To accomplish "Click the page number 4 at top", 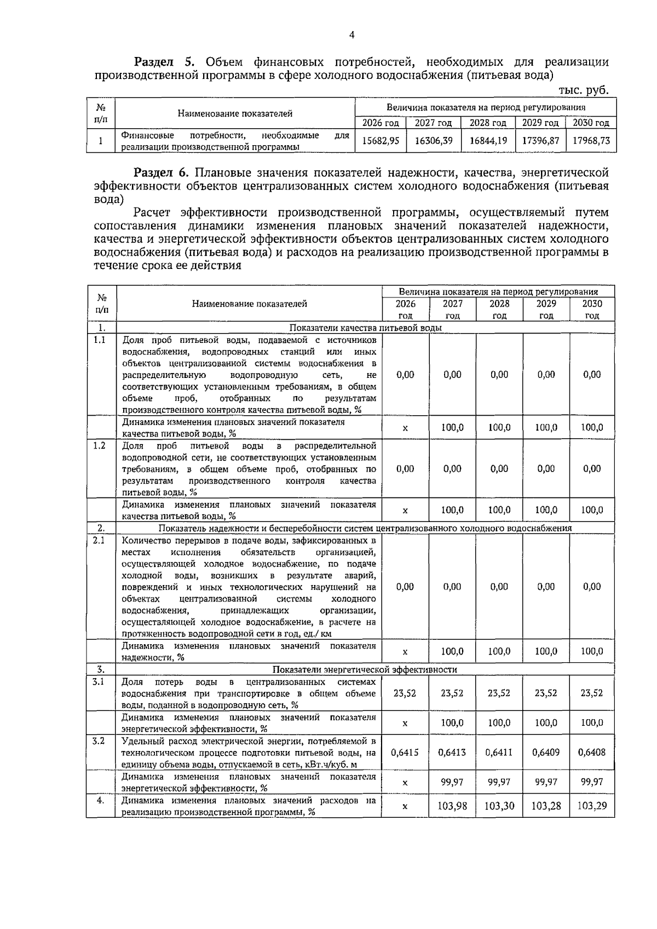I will point(352,35).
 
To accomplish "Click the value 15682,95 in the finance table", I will point(381,140).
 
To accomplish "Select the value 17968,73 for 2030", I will point(591,140).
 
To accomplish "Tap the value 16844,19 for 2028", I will point(488,140).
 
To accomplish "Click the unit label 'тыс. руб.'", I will point(584,90).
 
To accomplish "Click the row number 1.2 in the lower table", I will point(99,445).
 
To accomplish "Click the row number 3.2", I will point(99,741).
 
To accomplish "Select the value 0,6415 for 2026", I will point(405,752).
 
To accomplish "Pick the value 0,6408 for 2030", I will point(592,752).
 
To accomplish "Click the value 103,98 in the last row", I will point(452,806).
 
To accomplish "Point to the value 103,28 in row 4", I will point(546,806).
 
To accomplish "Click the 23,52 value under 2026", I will point(405,693).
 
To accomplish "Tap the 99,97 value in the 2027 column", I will point(452,782).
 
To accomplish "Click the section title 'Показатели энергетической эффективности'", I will point(365,669).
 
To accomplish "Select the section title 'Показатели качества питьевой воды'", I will point(365,328).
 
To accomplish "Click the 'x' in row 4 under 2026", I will point(405,806).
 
